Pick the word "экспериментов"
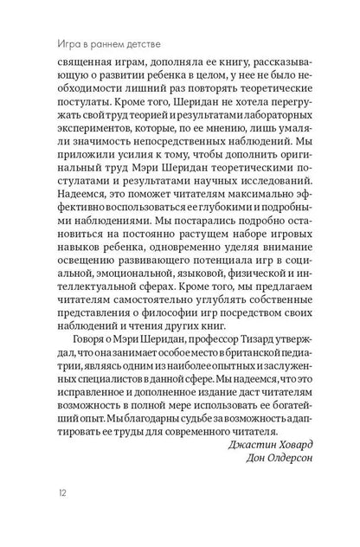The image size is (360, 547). [x=79, y=156]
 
